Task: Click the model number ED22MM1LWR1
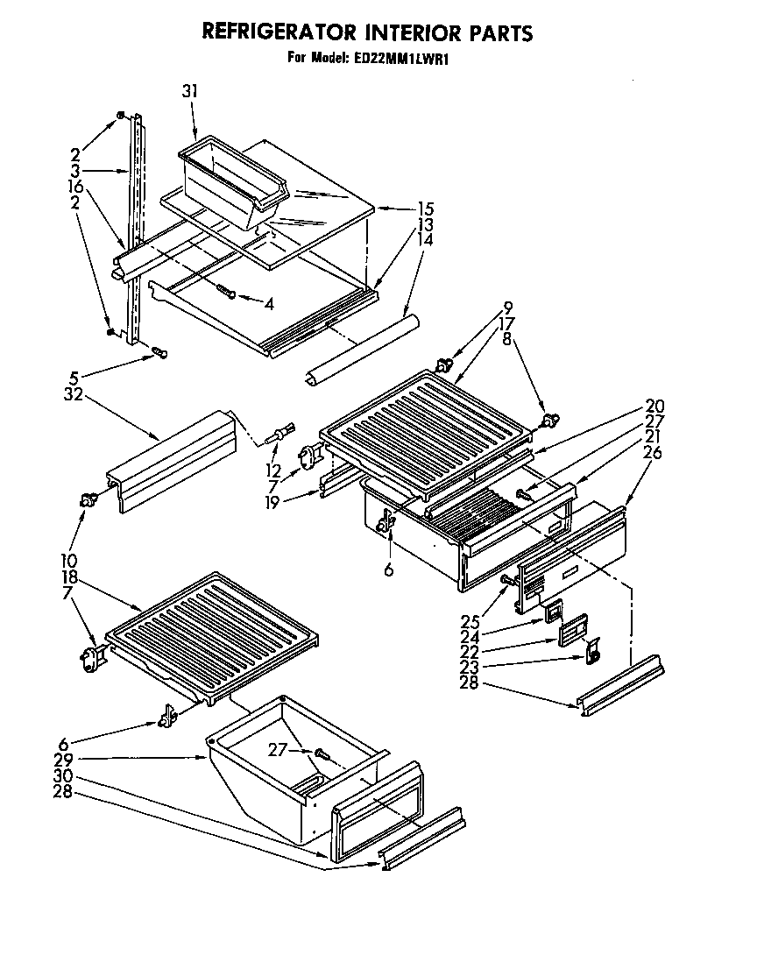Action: (x=411, y=60)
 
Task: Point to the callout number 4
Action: (x=268, y=304)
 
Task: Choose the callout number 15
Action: (x=426, y=209)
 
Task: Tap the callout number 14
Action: (x=426, y=239)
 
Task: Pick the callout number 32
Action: (x=73, y=394)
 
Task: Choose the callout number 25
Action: (x=470, y=621)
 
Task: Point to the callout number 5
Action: (x=74, y=379)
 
